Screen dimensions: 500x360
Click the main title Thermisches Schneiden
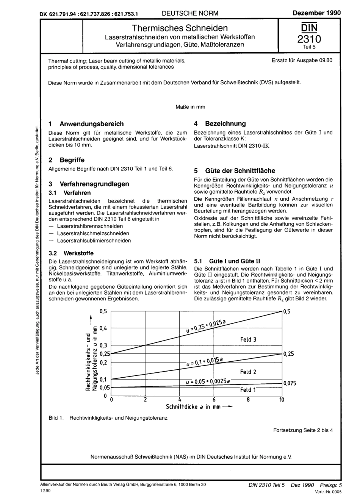click(180, 28)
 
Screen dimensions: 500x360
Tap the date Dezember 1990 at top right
click(317, 13)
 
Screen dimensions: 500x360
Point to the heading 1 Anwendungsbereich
click(86, 124)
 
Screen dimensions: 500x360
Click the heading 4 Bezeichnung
click(220, 123)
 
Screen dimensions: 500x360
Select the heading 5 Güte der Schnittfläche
click(235, 171)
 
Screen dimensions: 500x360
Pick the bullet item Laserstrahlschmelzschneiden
click(93, 233)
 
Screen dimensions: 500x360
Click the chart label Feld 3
click(248, 339)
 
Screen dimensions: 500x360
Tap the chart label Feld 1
click(248, 389)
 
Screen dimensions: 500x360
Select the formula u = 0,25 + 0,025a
click(206, 326)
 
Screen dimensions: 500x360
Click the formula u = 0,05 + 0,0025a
click(208, 381)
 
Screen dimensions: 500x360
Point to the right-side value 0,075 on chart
click(290, 383)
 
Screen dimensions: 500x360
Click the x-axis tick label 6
click(214, 400)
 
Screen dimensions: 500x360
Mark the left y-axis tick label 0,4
click(103, 328)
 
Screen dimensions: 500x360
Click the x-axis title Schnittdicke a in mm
click(193, 407)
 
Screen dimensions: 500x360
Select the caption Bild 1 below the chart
click(108, 418)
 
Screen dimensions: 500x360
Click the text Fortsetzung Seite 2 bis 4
click(303, 430)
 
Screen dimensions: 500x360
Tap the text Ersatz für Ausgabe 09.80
click(302, 60)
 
